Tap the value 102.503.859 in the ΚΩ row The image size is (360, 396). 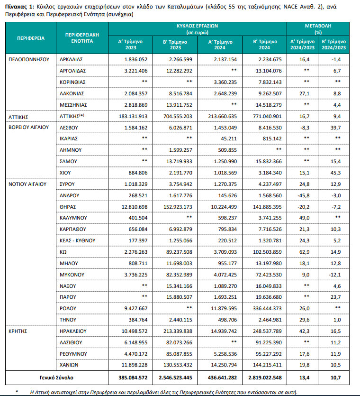point(266,251)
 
